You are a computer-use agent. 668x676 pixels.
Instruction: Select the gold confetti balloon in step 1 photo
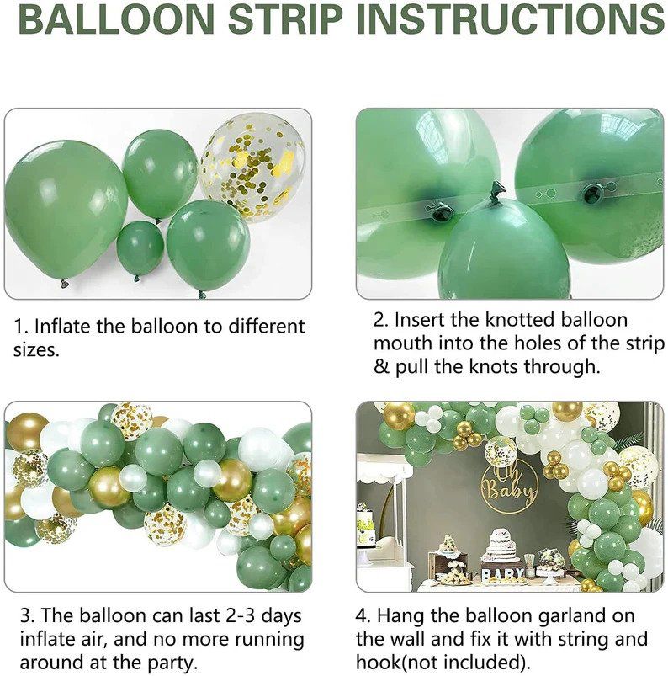[x=252, y=165]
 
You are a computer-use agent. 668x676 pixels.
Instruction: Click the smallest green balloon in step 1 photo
[x=140, y=248]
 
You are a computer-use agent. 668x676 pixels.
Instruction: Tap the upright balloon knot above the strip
[x=496, y=191]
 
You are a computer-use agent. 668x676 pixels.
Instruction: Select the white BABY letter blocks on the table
[x=502, y=575]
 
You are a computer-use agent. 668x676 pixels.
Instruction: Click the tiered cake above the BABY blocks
[x=501, y=546]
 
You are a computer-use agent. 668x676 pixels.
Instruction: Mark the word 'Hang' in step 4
[x=412, y=616]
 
